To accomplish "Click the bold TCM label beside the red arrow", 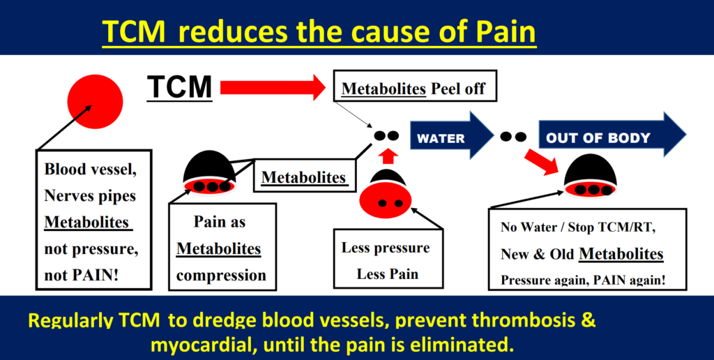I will click(x=180, y=87).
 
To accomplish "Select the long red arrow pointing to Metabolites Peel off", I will click(x=273, y=87).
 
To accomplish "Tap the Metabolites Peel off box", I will click(x=414, y=89).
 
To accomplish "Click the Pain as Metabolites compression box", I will click(x=219, y=248).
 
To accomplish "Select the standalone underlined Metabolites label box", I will click(x=303, y=177).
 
